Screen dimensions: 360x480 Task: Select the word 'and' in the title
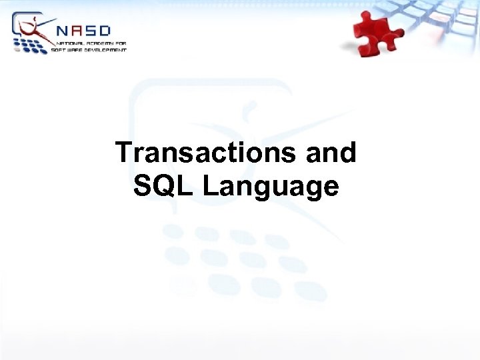(x=331, y=153)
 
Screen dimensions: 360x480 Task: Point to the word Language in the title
(x=270, y=187)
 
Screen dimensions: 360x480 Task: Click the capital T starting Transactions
(x=124, y=153)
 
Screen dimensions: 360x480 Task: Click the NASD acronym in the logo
(x=83, y=30)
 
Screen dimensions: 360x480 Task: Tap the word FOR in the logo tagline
(x=119, y=43)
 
